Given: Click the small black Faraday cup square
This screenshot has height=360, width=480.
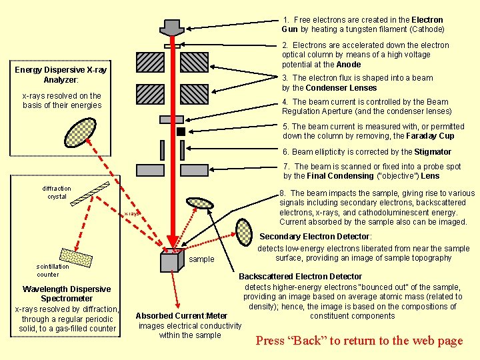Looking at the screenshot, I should coord(181,132).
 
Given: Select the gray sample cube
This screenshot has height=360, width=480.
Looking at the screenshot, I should coord(171,260).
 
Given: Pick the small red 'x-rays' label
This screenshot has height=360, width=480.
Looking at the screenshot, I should coord(131,213).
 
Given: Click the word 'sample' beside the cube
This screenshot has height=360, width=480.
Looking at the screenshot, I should coord(202,259).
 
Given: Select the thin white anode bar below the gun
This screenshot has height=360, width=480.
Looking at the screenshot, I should coord(173,45).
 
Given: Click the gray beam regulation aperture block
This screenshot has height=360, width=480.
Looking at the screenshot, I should coord(171,119).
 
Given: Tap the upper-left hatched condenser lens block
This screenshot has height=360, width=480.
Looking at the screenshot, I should coord(149,62).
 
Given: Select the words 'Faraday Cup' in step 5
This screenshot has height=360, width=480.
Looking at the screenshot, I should coord(431,136).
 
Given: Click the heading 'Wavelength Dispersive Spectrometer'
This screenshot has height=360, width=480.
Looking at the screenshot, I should coord(67,294).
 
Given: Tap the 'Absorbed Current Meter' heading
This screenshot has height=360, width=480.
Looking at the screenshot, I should coord(181,315).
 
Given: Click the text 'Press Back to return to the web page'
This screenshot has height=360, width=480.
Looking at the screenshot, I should coord(359,341).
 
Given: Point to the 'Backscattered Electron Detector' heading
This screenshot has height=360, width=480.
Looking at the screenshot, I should coord(300,276).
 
